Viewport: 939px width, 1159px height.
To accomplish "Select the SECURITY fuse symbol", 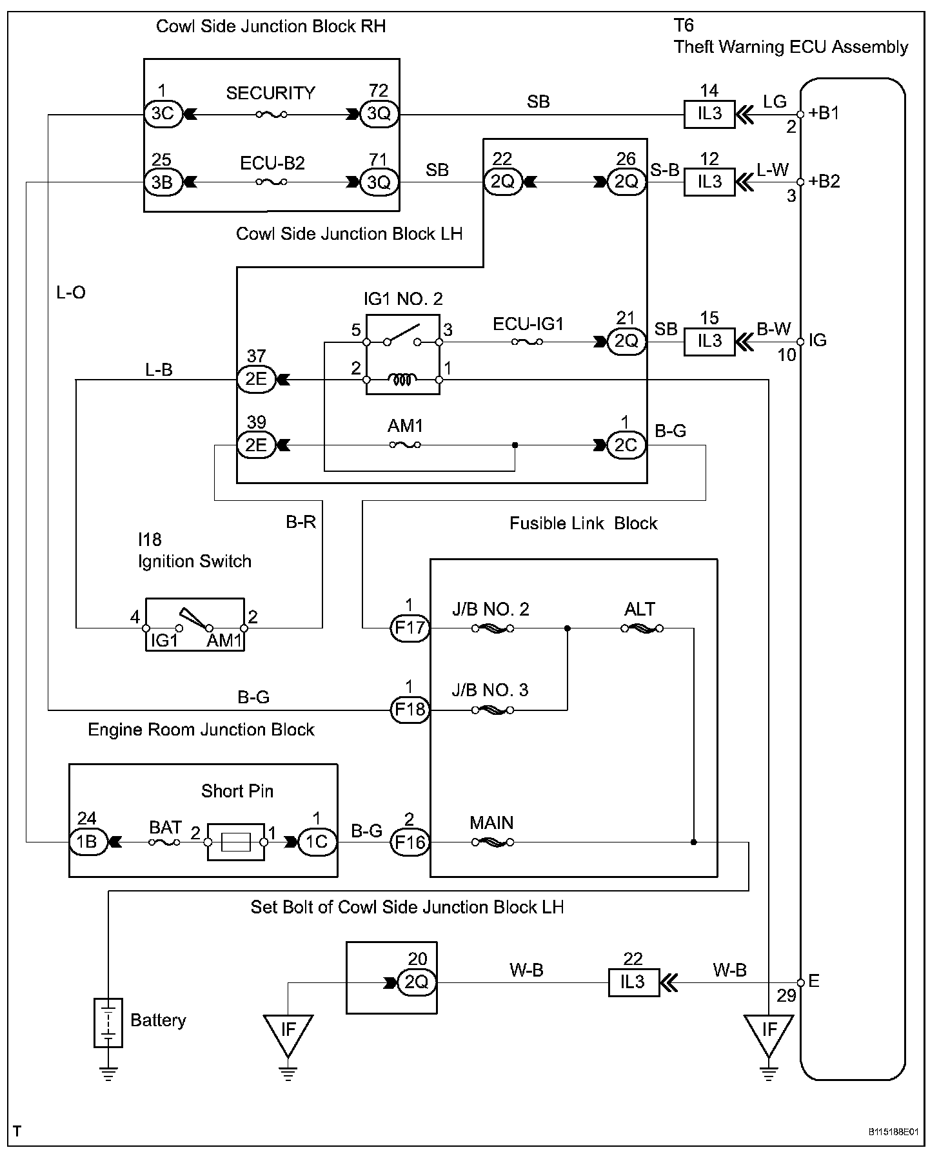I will pyautogui.click(x=272, y=115).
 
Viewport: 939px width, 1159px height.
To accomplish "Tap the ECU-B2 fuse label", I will pyautogui.click(x=272, y=163).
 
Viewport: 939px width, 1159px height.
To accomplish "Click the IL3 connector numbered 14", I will pyautogui.click(x=709, y=114).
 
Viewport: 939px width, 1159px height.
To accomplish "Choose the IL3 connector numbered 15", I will pyautogui.click(x=709, y=341).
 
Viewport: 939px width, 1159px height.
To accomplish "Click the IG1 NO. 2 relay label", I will pyautogui.click(x=403, y=299).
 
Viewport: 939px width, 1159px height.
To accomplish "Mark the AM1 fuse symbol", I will pyautogui.click(x=405, y=445).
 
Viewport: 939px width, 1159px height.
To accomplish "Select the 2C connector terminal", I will pyautogui.click(x=625, y=445).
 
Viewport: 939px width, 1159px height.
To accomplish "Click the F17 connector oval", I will pyautogui.click(x=410, y=628).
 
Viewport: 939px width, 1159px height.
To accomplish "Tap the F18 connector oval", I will pyautogui.click(x=410, y=710).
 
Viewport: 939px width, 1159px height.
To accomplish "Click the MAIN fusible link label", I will pyautogui.click(x=491, y=823).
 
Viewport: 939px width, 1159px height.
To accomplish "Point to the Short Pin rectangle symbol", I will pyautogui.click(x=235, y=842).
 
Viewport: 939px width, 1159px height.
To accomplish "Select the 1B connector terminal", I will pyautogui.click(x=87, y=842).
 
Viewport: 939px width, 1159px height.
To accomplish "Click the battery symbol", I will pyautogui.click(x=108, y=1022).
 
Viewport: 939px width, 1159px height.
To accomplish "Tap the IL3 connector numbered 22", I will pyautogui.click(x=633, y=982).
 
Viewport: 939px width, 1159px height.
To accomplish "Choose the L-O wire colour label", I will pyautogui.click(x=71, y=293).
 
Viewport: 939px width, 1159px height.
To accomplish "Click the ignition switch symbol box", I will pyautogui.click(x=195, y=624).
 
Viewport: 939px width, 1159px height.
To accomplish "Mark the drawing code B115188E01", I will pyautogui.click(x=893, y=1132).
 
